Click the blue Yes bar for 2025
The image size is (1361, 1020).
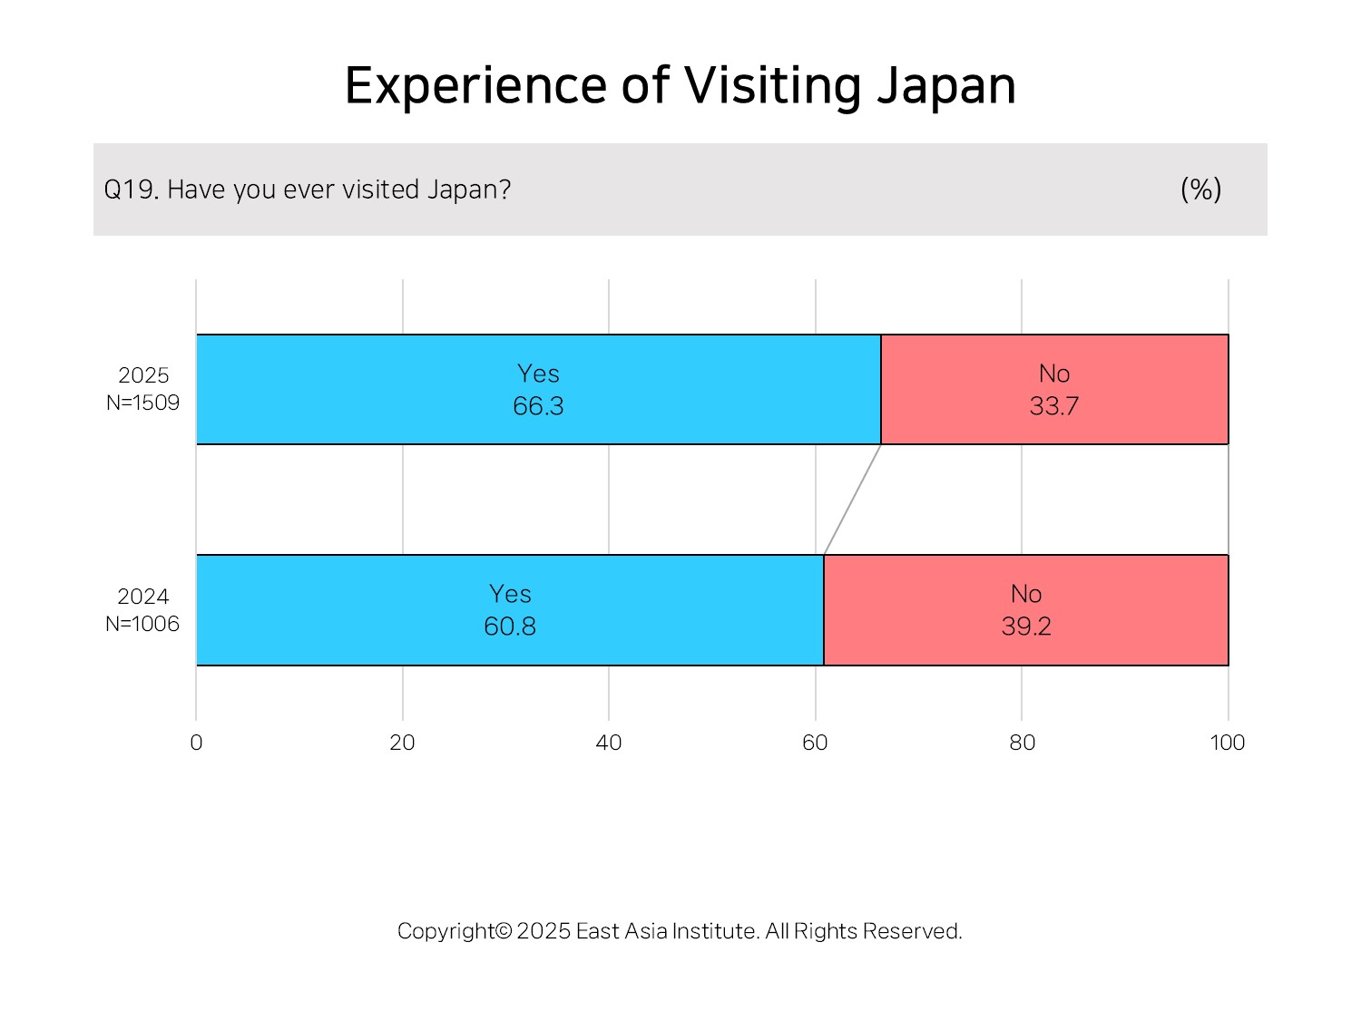(538, 390)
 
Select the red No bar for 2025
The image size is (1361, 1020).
(1054, 390)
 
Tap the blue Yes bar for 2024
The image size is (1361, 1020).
(510, 610)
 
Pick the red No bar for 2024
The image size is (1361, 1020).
(1025, 610)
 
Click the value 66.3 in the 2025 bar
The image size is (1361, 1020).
(538, 406)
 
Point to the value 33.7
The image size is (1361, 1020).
(1054, 406)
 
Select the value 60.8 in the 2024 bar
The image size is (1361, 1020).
(510, 627)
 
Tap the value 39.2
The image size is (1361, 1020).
(1026, 627)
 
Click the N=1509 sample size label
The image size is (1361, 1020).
(142, 403)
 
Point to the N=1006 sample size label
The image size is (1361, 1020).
(142, 624)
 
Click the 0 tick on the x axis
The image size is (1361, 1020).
(196, 743)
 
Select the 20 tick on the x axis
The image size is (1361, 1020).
(402, 743)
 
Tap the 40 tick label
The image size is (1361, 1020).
(608, 743)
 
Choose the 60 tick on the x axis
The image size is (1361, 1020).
(815, 743)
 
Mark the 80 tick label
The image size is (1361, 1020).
(1022, 743)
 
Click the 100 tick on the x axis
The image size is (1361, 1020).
(1227, 743)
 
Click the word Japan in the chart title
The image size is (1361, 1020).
(946, 87)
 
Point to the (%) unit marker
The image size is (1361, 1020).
(1200, 189)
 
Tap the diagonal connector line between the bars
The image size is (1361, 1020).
(853, 500)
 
